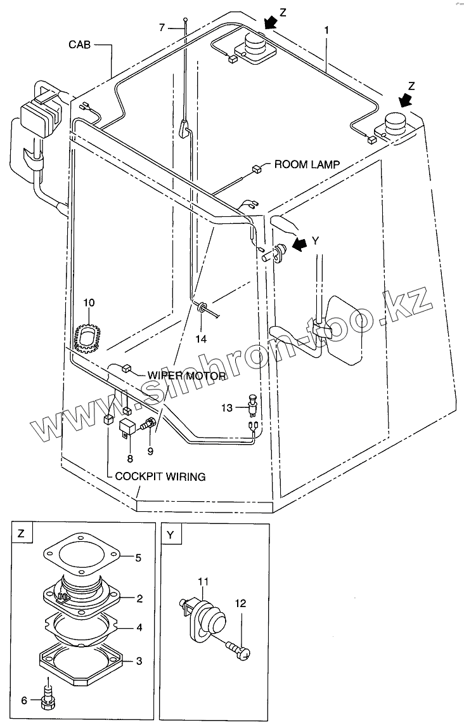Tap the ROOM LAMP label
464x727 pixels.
tap(306, 164)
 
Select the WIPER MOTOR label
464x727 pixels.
tap(186, 376)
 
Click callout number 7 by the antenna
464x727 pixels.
tap(162, 27)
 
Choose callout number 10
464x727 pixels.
tap(89, 302)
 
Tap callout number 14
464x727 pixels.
tap(201, 339)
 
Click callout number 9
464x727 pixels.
tap(150, 451)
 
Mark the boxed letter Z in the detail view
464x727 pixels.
tap(21, 534)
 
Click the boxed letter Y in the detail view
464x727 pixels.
tap(171, 534)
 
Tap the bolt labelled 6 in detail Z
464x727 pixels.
tap(46, 695)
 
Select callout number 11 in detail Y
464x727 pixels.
tap(203, 581)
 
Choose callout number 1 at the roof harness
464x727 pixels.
tap(326, 29)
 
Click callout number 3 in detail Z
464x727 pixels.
tap(139, 661)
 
